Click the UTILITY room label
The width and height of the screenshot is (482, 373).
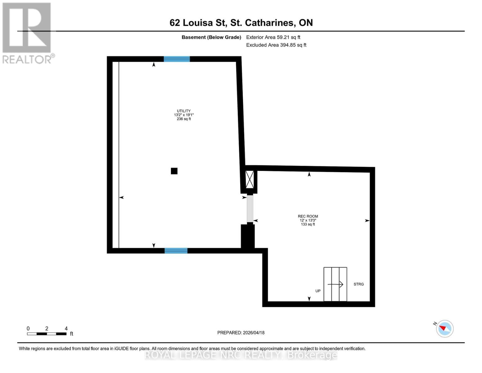pos(184,111)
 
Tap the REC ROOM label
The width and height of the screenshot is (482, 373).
pos(308,216)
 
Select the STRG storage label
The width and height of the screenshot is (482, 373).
pos(358,284)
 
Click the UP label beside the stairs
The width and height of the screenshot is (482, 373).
pos(318,291)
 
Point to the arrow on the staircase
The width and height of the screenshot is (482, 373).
pos(336,284)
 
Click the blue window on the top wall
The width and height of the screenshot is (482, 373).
pos(177,59)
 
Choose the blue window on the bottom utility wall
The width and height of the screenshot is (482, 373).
pos(176,251)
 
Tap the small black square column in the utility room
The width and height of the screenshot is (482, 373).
pos(174,171)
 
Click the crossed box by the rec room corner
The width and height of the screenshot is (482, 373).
pos(250,179)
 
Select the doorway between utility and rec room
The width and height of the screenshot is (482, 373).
pos(250,209)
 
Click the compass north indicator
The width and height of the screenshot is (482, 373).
pos(444,329)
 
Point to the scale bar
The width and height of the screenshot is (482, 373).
pos(47,334)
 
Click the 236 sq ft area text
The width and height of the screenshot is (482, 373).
pos(184,119)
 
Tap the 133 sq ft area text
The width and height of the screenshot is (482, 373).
pos(308,224)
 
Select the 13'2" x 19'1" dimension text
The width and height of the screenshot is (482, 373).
pos(184,115)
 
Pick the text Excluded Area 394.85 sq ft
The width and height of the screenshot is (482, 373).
pos(276,45)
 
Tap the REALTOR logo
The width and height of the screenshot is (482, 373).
pos(27,33)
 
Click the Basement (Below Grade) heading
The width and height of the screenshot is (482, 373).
pos(211,37)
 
